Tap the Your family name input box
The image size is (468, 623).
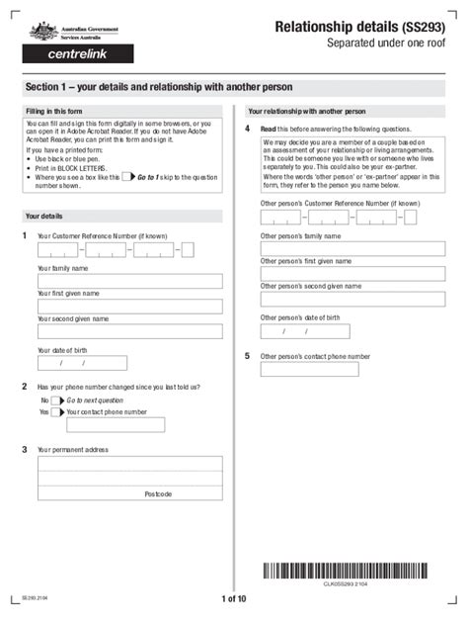129,281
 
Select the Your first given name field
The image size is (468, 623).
129,307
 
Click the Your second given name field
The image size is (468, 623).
129,332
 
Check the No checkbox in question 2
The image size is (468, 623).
56,400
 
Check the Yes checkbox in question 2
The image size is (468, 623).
56,412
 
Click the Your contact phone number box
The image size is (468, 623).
116,425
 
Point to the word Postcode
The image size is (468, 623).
158,493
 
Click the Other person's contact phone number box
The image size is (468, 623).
309,369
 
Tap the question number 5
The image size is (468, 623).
247,355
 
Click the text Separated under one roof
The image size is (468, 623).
386,44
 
